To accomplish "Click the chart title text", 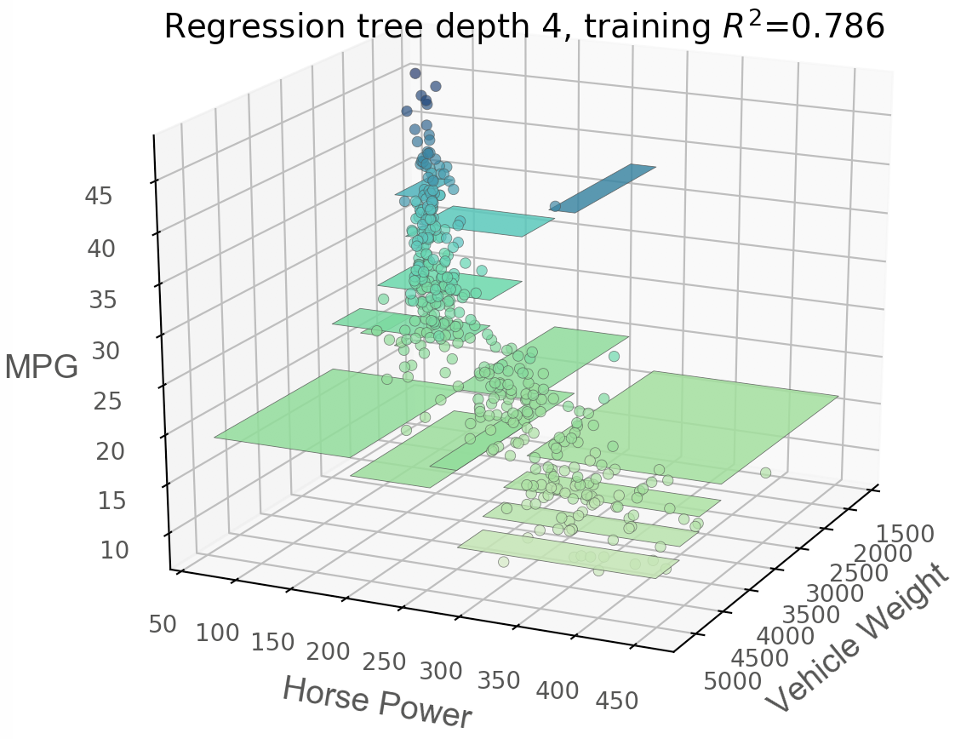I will (x=524, y=27).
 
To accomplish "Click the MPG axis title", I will (x=41, y=368).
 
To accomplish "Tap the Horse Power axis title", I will (x=376, y=702).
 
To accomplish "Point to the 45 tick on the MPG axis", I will (x=99, y=196).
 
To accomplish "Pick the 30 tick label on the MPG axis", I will (x=106, y=350).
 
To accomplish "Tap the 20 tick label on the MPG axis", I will (x=109, y=451).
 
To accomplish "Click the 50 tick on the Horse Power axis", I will (x=163, y=625).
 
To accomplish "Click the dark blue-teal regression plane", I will (x=607, y=188).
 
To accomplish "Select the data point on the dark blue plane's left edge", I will (x=555, y=206).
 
